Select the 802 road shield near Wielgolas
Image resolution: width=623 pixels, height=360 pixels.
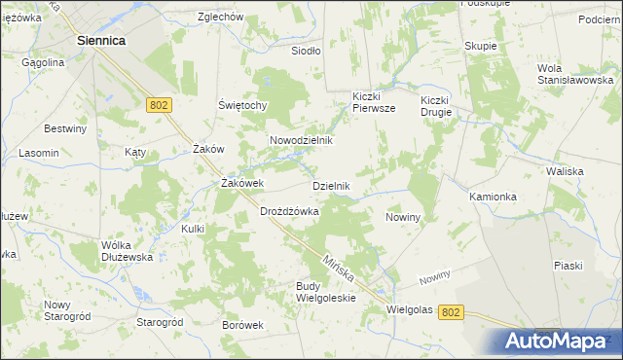pos(450,311)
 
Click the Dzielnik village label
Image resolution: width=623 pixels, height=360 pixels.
pos(330,185)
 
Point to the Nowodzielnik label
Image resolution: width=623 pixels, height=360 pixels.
pos(301,140)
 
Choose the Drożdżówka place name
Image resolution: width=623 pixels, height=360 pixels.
pos(290,211)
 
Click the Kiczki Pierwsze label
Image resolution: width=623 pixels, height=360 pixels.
pos(373,103)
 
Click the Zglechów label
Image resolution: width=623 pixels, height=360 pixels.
pos(219,17)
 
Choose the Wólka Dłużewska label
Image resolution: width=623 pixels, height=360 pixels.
pos(128,251)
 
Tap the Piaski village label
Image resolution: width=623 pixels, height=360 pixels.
pos(568,266)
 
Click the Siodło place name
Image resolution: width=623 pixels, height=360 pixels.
pos(306,50)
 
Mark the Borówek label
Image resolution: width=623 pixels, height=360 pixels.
pos(243,325)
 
